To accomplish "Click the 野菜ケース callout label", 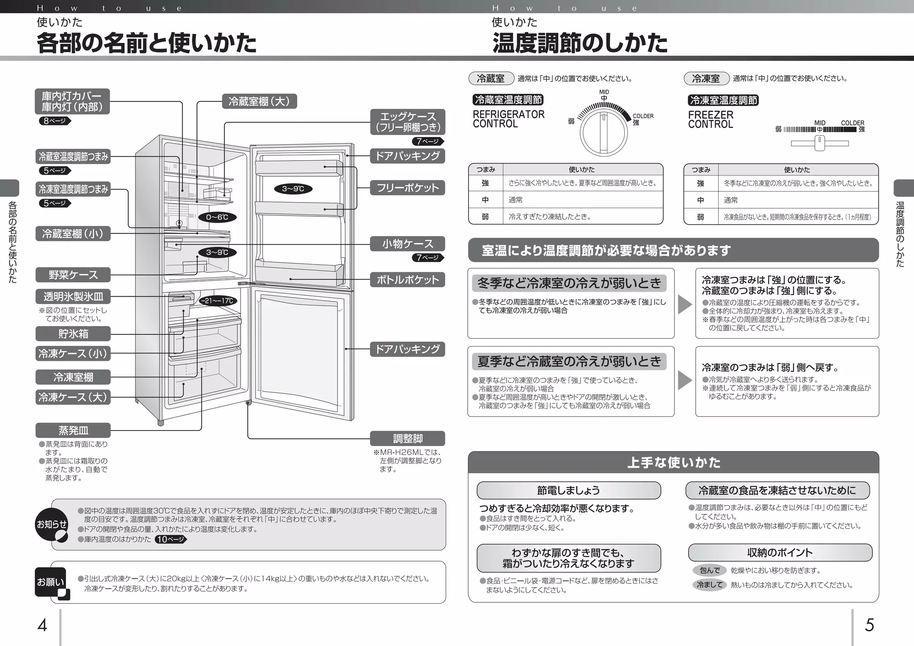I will (x=73, y=275).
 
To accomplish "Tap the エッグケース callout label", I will (x=407, y=122).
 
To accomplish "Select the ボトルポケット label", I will (x=407, y=280).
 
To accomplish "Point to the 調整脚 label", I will (x=407, y=439).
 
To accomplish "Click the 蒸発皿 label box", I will (x=73, y=431).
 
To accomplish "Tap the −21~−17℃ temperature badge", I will (x=217, y=301).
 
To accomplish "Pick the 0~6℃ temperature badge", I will (x=217, y=217).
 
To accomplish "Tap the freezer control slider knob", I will (x=819, y=143).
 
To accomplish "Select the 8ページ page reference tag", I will (x=54, y=120).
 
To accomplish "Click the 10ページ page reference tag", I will (x=170, y=539).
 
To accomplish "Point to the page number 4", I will (x=42, y=625).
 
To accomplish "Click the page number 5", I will (x=869, y=625).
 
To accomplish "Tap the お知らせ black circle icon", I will (x=52, y=525).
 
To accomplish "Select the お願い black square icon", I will (x=51, y=582).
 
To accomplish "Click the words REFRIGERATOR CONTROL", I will (x=508, y=119).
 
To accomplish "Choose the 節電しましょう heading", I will (x=569, y=490).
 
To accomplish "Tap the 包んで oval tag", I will (x=710, y=570).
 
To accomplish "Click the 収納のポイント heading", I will (x=780, y=552).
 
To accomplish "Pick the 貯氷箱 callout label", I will (x=73, y=334).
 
